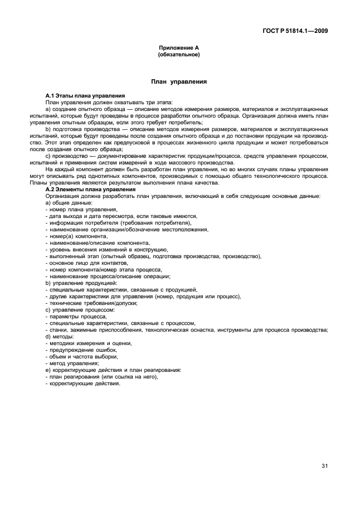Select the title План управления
click(179, 82)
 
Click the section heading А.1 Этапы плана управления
click(85, 96)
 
